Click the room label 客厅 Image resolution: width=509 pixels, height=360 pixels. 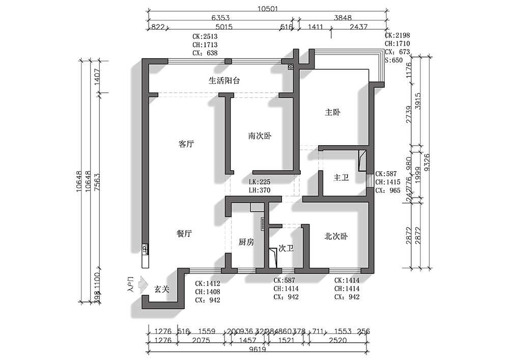[x=186, y=144]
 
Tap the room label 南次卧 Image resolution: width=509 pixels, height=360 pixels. [x=260, y=136]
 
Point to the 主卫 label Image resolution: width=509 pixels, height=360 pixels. [x=341, y=178]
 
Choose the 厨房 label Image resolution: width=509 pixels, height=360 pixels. [x=246, y=242]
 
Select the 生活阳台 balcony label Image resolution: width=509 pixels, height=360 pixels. [x=224, y=80]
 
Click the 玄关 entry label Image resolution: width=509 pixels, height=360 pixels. [x=162, y=289]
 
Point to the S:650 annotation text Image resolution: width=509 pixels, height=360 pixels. [x=393, y=60]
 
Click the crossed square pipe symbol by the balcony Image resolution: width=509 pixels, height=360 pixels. [x=291, y=67]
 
